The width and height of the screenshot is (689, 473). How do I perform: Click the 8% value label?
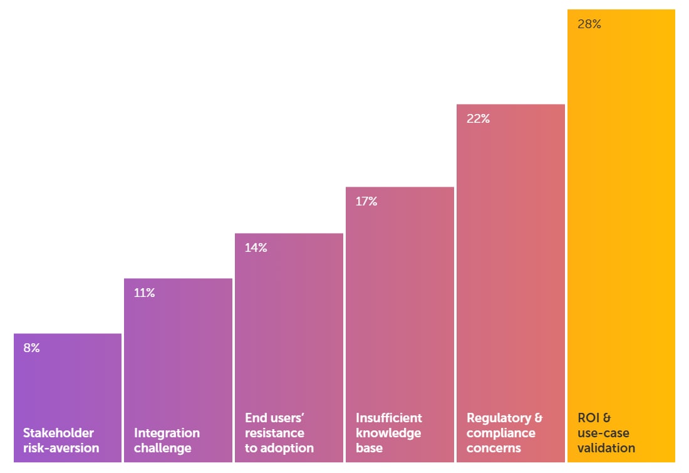point(32,348)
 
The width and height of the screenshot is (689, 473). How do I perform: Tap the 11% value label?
point(144,293)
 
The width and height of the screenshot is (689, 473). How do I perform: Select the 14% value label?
point(256,247)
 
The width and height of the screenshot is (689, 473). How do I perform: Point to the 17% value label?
point(366,201)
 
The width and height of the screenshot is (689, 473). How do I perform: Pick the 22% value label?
point(478,118)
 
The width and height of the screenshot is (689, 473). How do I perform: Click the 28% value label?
point(589,24)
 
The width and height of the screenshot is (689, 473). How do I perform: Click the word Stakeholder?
point(58,433)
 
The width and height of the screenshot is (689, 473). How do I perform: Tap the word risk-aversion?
point(61,448)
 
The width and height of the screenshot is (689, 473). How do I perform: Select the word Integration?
point(167,434)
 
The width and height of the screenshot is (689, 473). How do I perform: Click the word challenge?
point(163,449)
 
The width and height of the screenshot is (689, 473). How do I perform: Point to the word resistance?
point(274,433)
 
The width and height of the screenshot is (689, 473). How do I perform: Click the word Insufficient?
point(389,418)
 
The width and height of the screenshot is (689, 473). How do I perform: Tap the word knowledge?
point(388,434)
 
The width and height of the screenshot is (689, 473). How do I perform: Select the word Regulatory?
point(499,418)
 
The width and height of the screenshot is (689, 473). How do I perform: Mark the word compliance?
point(501,434)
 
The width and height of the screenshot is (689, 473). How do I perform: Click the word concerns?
point(494,449)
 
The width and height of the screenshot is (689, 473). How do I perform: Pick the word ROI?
point(588,418)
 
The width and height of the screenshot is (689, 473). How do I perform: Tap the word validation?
point(606,448)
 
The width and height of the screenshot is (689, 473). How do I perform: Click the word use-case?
point(603,434)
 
